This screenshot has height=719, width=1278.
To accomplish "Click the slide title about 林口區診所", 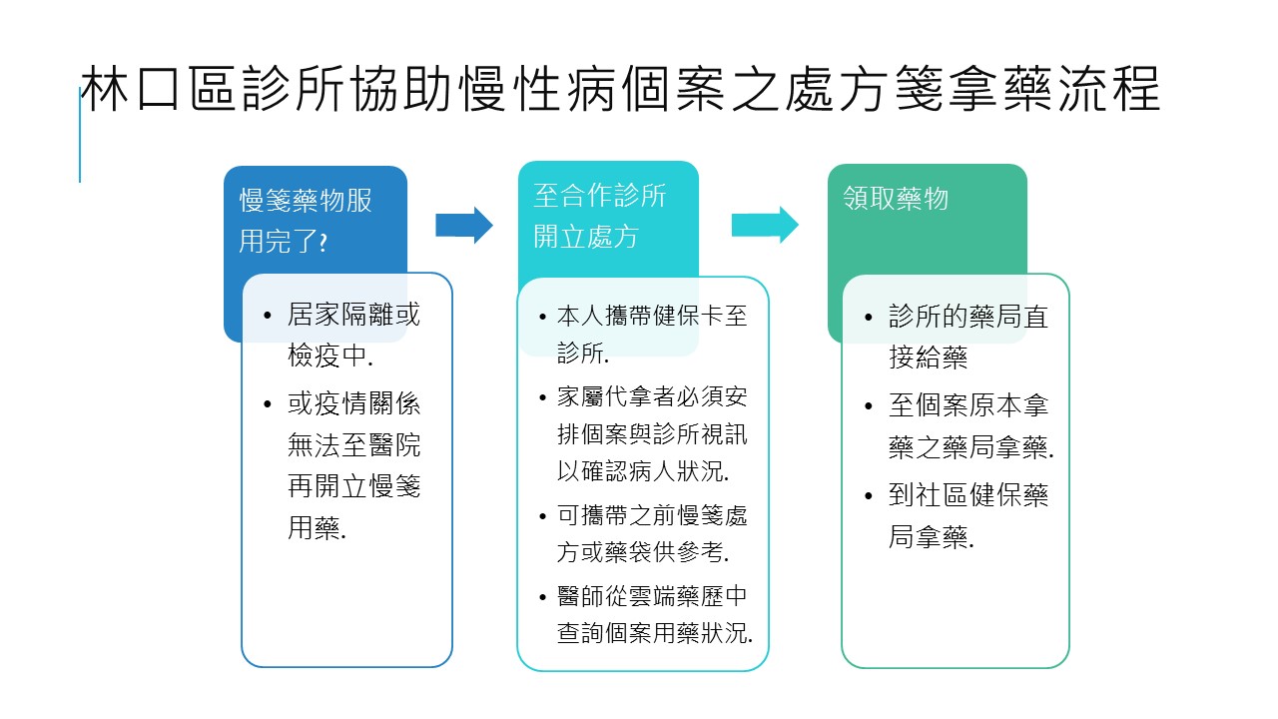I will click(619, 91).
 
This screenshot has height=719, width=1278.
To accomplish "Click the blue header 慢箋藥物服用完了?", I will click(306, 221).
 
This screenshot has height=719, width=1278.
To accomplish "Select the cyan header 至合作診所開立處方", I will click(599, 216).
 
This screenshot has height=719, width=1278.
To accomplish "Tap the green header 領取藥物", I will click(896, 199).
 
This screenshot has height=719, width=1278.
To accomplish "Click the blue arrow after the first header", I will click(464, 225).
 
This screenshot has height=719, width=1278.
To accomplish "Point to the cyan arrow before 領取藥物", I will click(765, 225).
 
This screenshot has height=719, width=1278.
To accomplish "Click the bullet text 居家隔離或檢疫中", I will click(353, 336).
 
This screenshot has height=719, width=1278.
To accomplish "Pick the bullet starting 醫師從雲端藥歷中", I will click(654, 614).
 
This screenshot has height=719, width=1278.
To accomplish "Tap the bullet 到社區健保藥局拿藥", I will click(967, 515).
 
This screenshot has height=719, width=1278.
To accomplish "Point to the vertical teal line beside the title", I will click(80, 135).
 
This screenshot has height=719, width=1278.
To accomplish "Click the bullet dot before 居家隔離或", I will click(268, 316).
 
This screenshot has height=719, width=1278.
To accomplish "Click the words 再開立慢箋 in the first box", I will click(353, 487).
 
